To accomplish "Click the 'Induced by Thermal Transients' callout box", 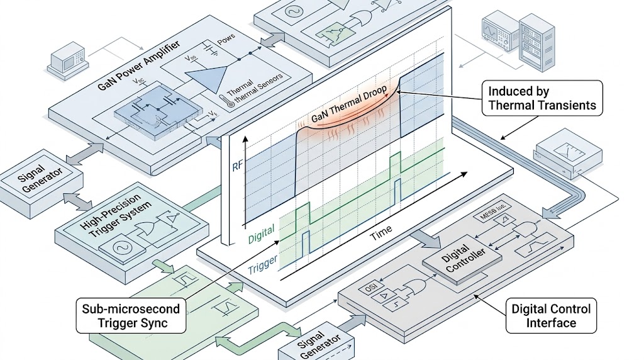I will [x=542, y=98].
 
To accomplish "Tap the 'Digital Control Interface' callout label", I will [x=551, y=316].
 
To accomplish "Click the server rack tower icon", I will [x=537, y=40].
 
